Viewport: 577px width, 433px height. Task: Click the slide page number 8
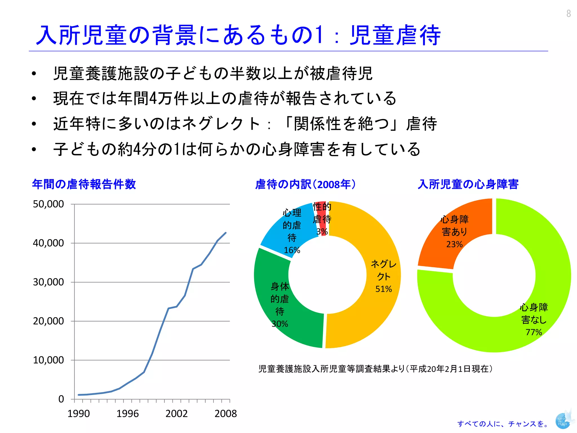click(569, 13)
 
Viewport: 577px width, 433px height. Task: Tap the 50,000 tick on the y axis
click(48, 204)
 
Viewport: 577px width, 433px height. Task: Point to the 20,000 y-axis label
click(48, 321)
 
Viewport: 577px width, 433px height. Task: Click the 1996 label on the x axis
click(128, 414)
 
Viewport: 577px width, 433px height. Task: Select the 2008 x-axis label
click(225, 414)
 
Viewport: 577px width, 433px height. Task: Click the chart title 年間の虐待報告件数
click(84, 184)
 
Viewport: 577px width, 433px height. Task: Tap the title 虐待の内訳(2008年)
click(306, 184)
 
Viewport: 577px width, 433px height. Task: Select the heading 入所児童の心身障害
click(468, 184)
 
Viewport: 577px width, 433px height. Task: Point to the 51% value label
click(383, 289)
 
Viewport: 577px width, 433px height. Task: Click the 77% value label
click(534, 332)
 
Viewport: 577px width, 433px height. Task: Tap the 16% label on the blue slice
click(292, 250)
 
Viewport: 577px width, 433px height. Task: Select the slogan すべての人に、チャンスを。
click(503, 424)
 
